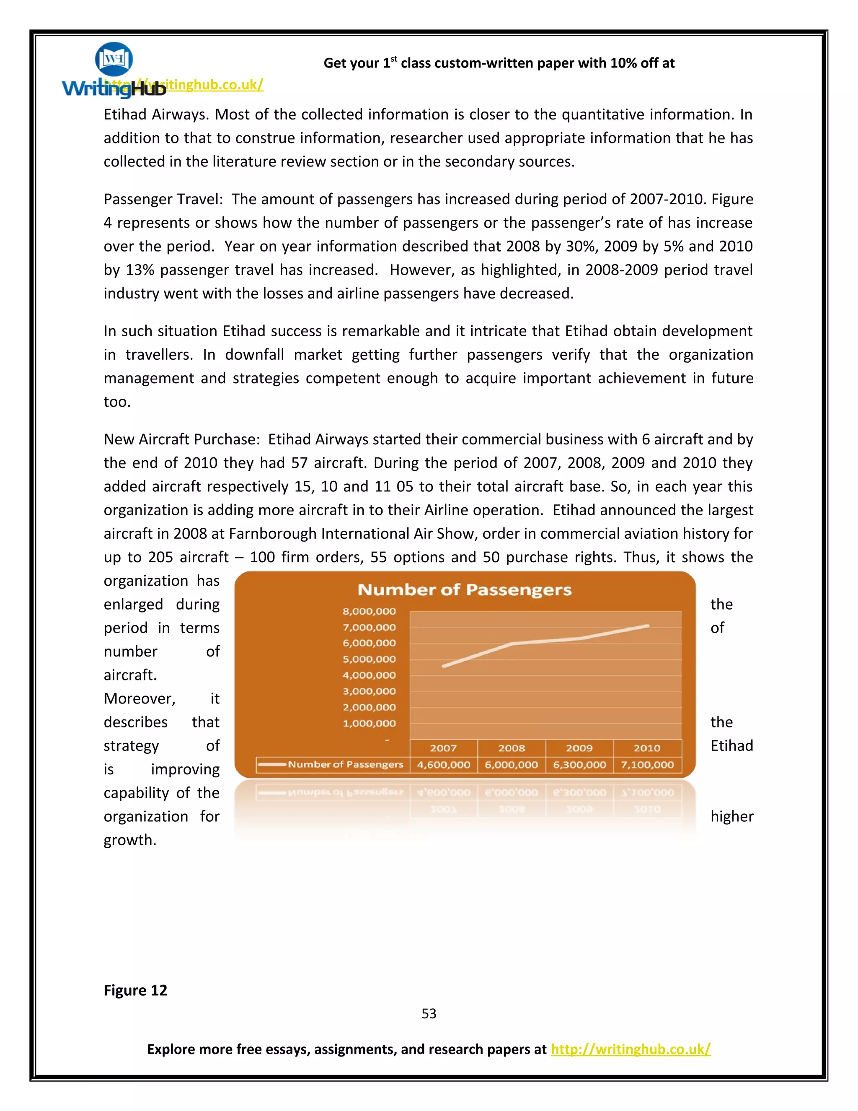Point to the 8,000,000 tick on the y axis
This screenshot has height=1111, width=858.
[369, 611]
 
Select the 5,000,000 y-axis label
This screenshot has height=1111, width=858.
[369, 659]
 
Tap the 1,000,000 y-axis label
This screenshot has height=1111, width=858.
[369, 723]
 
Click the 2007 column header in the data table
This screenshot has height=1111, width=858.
[443, 748]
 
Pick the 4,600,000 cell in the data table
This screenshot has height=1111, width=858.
[443, 765]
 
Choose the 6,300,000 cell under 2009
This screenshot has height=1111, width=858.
[579, 765]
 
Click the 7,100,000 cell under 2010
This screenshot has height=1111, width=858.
[647, 765]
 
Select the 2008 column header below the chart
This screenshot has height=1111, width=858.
[512, 748]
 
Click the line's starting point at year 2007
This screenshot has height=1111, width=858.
[444, 666]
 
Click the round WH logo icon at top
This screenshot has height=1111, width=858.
[114, 59]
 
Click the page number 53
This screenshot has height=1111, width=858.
[429, 1014]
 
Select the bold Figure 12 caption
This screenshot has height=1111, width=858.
[135, 990]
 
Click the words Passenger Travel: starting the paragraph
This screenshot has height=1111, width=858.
[163, 199]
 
